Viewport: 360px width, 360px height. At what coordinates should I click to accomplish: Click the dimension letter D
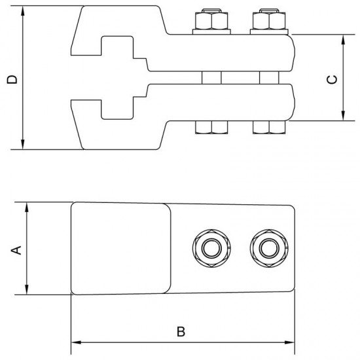[11, 79]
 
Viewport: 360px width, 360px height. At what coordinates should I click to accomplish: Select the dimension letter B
[181, 331]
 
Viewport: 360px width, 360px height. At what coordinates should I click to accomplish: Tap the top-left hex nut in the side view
[210, 24]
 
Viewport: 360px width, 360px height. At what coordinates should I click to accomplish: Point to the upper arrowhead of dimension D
[24, 12]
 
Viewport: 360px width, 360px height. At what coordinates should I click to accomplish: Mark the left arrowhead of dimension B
[74, 342]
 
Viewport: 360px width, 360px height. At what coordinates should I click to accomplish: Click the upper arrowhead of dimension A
[27, 207]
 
